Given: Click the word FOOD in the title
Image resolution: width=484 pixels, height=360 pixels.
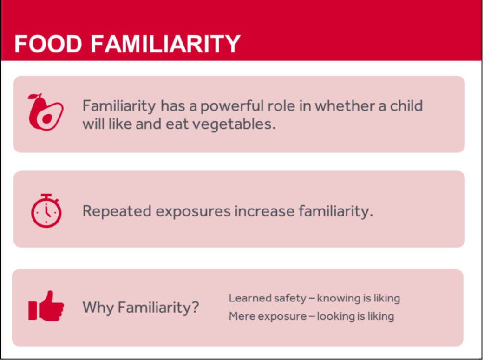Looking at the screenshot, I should pos(48,44).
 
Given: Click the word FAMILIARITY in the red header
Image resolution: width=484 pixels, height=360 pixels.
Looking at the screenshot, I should pos(165,44).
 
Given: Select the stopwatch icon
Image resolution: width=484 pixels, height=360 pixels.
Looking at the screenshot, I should pos(46,210).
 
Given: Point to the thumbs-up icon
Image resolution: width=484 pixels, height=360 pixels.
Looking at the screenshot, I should pos(46,306).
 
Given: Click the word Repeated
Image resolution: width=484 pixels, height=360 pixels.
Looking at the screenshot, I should pos(117,211).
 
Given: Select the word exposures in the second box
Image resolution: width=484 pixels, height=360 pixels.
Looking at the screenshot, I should pos(193,211).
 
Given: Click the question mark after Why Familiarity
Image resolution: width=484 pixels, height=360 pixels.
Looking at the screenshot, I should pos(195,307).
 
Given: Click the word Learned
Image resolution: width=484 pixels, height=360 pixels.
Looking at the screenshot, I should pos(247,298).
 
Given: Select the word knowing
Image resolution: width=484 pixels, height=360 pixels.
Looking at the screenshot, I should pos(337,298).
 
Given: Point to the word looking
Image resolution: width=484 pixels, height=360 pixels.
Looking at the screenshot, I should pos(336,316).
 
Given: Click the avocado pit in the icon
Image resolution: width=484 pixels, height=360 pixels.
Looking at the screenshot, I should pos(46,119).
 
